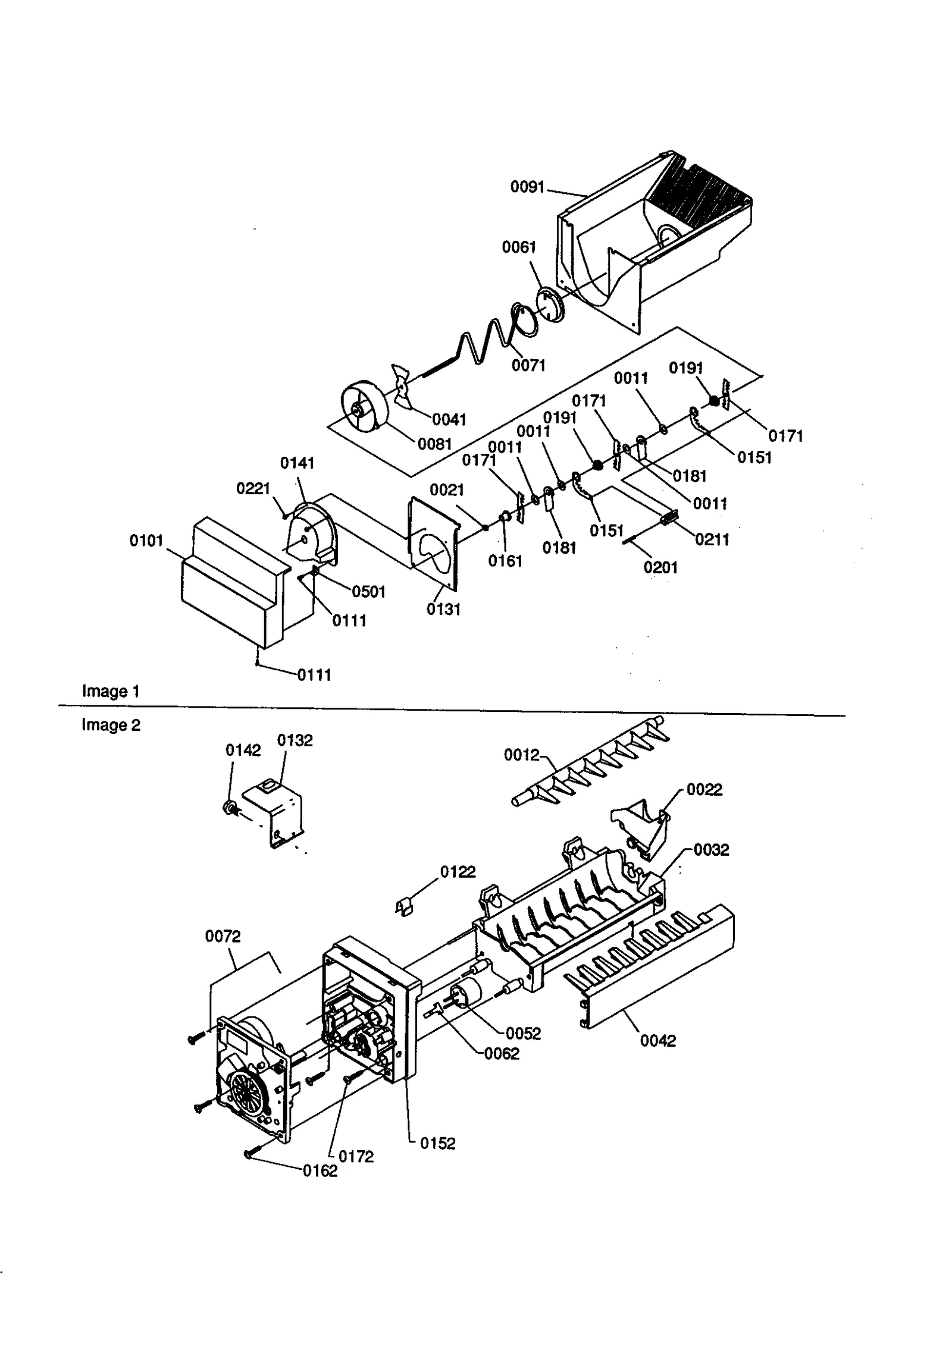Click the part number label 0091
[527, 187]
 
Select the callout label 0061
[519, 247]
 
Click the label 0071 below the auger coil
[528, 365]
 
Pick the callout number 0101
[146, 541]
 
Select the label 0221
[253, 488]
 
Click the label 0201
[660, 567]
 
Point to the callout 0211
[712, 539]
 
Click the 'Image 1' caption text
[111, 691]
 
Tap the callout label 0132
[295, 740]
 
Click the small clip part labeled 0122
[405, 907]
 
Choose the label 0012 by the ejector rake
[521, 755]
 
